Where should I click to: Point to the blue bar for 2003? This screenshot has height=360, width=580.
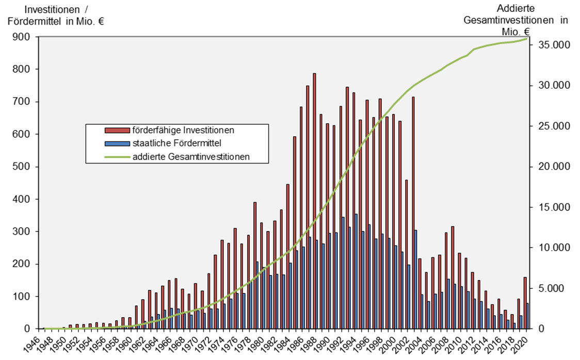coord(416,279)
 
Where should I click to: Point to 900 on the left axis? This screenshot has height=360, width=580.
coord(25,37)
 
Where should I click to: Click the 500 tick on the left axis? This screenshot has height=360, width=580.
coord(25,167)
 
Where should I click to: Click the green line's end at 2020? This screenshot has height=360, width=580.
coord(526,39)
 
